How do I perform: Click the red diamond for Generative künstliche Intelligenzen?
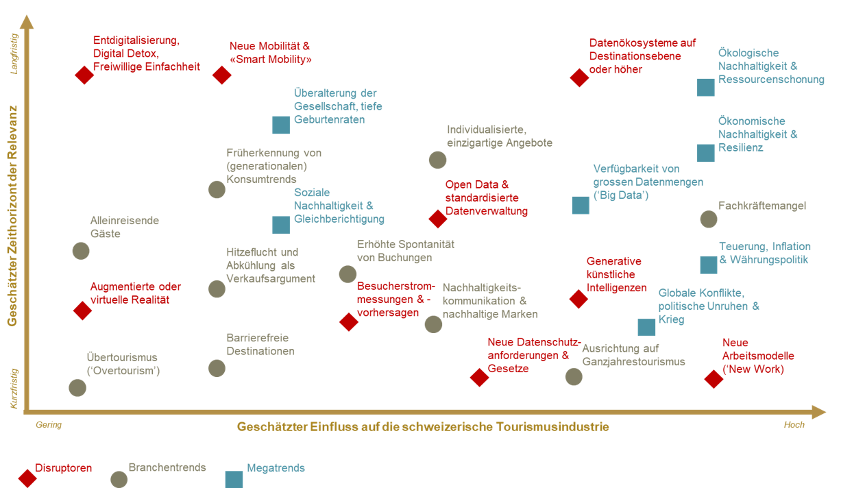click(578, 300)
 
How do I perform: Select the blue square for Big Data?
click(581, 206)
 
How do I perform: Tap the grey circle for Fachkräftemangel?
click(709, 219)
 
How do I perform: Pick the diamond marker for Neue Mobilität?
click(222, 75)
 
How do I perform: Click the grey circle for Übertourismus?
click(77, 388)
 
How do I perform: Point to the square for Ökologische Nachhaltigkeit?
click(706, 88)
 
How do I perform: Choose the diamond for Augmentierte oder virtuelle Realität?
click(83, 310)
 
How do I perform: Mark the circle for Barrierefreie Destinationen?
click(217, 368)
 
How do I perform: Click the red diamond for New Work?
click(714, 379)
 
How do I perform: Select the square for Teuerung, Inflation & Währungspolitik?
click(709, 265)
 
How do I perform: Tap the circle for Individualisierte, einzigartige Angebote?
click(438, 160)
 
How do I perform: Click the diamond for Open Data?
click(438, 219)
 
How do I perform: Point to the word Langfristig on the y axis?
click(14, 54)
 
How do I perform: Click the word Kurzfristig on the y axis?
click(14, 389)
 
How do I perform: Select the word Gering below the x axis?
click(49, 425)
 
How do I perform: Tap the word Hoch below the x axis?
click(794, 424)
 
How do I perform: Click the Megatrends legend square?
click(234, 479)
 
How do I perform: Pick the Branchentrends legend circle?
click(119, 479)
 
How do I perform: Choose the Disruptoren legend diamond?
click(27, 478)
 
